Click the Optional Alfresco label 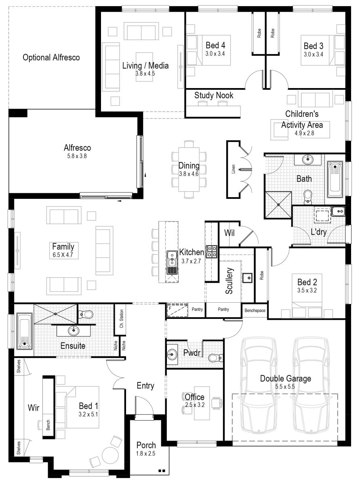point(51,58)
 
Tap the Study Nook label point(214,95)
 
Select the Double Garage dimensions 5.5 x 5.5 point(285,386)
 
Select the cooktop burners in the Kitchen point(212,251)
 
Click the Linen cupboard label point(233,169)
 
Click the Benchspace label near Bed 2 point(255,310)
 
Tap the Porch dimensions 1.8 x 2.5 point(146,453)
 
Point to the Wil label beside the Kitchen point(229,233)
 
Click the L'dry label point(319,232)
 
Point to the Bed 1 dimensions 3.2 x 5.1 point(88,414)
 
